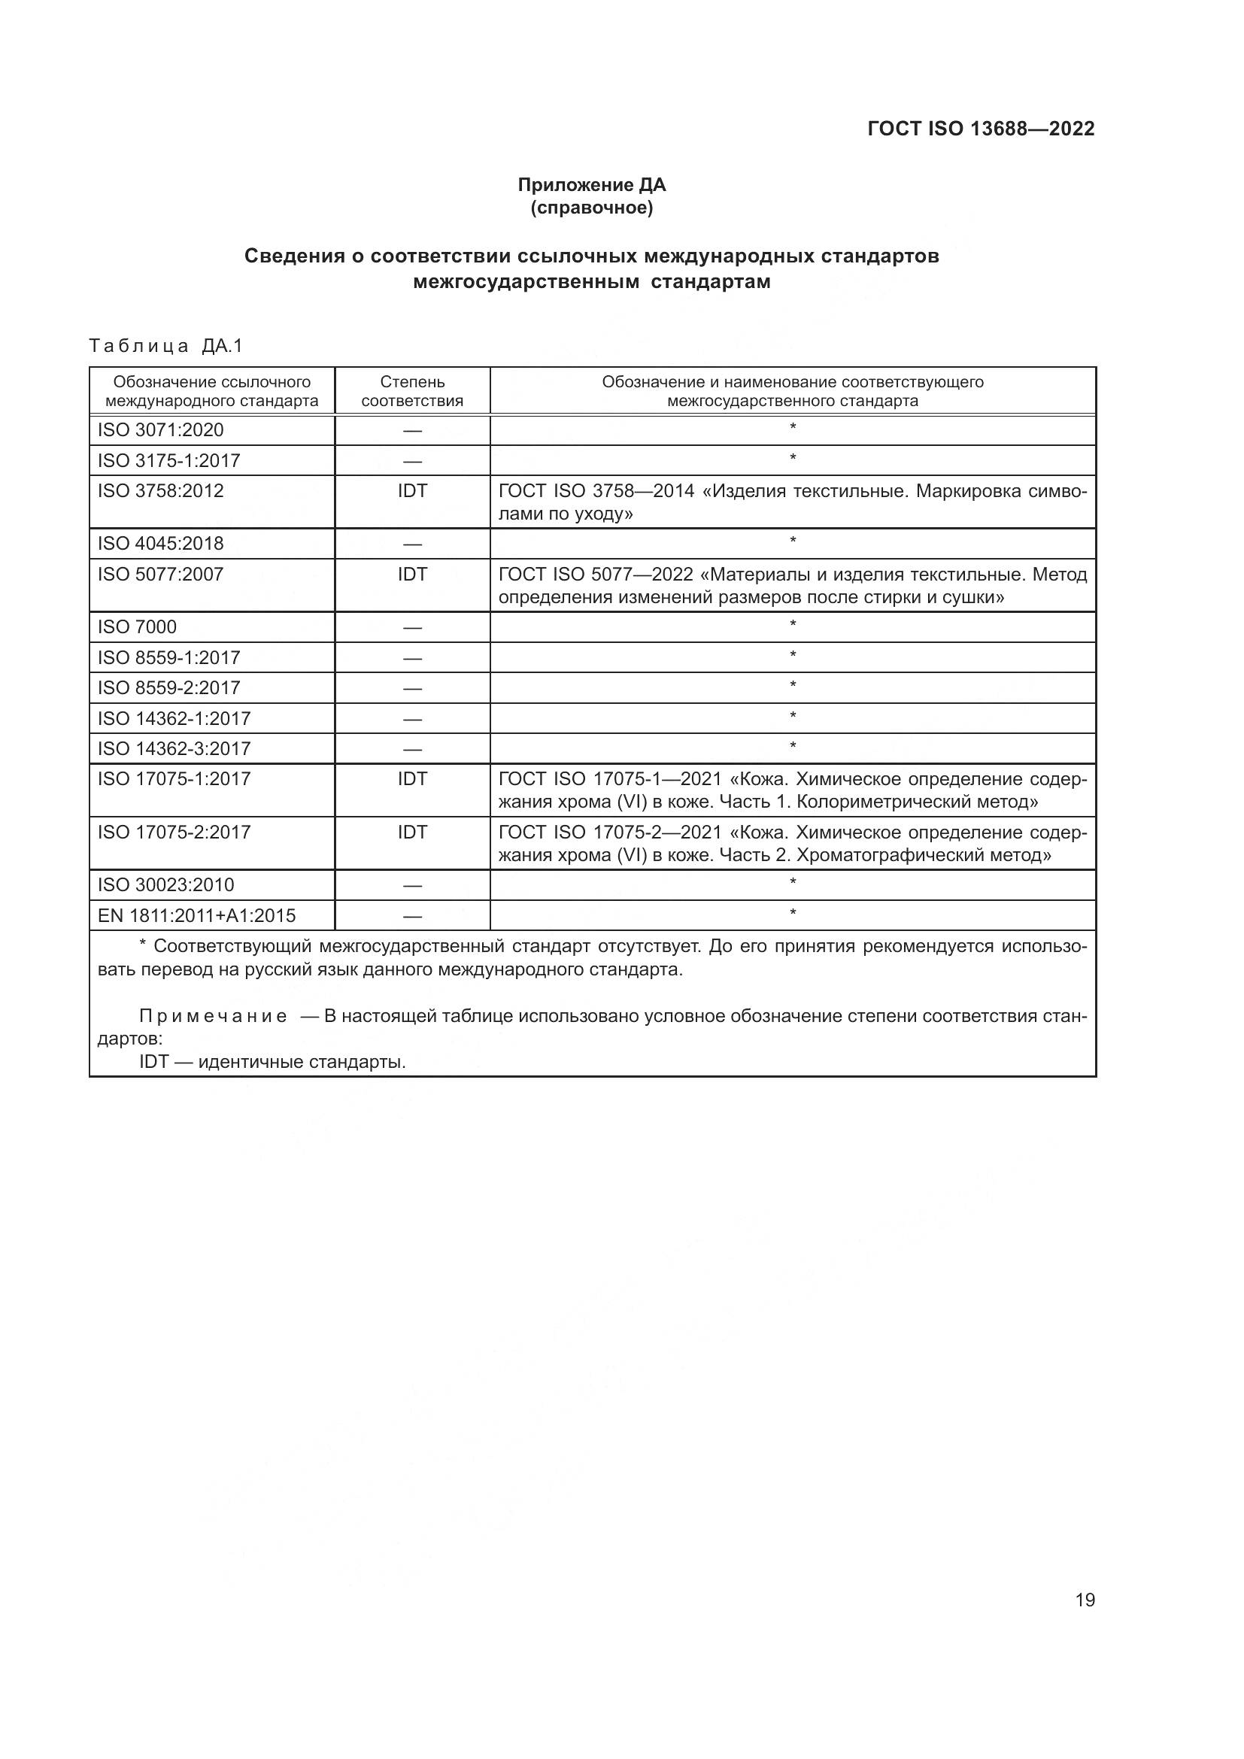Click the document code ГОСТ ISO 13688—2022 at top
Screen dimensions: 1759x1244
981,129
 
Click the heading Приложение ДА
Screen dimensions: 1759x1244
591,185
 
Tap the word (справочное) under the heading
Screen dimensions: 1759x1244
591,208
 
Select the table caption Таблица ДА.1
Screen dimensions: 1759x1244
165,345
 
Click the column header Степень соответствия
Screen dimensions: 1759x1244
412,391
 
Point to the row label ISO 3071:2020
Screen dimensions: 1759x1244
161,430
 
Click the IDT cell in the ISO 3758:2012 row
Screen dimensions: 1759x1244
412,490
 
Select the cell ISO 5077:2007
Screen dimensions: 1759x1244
161,574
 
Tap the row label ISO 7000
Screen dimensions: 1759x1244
137,626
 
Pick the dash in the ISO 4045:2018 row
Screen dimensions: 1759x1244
412,544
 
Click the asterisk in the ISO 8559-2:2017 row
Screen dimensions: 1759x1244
793,686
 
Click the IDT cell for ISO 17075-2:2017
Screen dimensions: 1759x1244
412,832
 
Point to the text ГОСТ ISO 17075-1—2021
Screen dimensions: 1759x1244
610,779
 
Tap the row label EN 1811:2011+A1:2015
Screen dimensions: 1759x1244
196,915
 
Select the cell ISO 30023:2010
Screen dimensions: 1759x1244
165,885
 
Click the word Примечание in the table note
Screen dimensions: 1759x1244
213,1016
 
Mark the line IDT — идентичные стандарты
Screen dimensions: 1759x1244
273,1062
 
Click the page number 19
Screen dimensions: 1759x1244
1085,1600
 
